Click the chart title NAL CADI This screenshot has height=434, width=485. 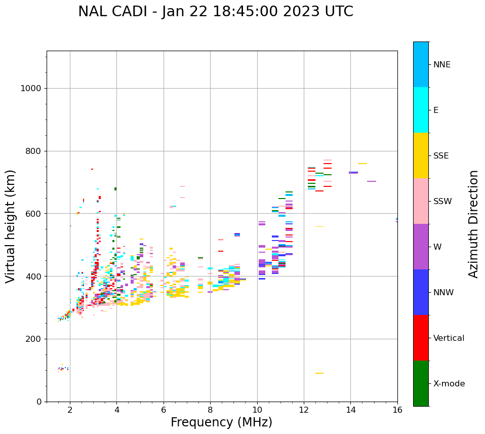[216, 12]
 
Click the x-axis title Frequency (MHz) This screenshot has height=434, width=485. [221, 422]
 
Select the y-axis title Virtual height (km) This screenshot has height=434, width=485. [11, 226]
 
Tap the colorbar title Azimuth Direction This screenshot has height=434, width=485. [473, 224]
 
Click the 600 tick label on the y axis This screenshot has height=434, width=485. [33, 214]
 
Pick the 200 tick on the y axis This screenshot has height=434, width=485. [33, 339]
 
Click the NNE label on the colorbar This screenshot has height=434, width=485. [441, 65]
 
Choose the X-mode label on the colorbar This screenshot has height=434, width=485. [449, 384]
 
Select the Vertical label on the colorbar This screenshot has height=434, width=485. [449, 338]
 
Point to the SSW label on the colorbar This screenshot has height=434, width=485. [442, 202]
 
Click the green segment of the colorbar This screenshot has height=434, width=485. [421, 383]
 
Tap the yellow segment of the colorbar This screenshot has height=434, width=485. [421, 155]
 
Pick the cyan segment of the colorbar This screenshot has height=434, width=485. [421, 110]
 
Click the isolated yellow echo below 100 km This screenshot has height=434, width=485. [319, 373]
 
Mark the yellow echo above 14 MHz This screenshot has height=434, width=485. [362, 164]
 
